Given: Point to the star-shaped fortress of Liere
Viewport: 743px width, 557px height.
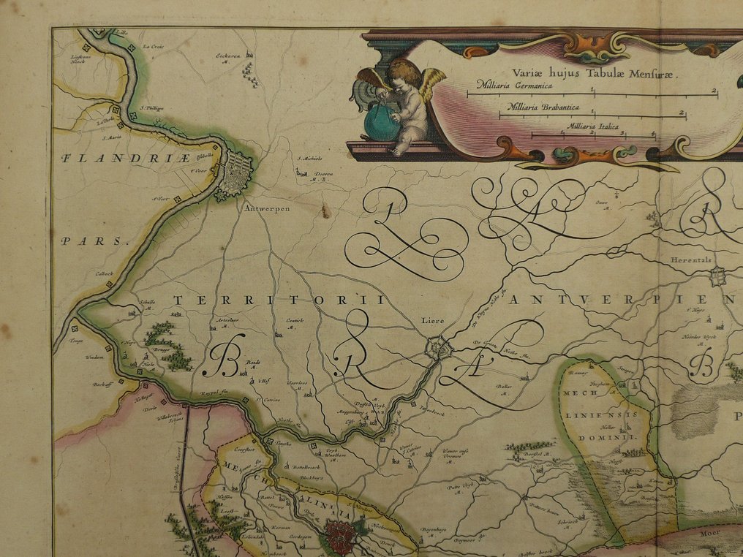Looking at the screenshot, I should pos(440,347).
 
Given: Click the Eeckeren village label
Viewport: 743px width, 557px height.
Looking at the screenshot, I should pos(228,55).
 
